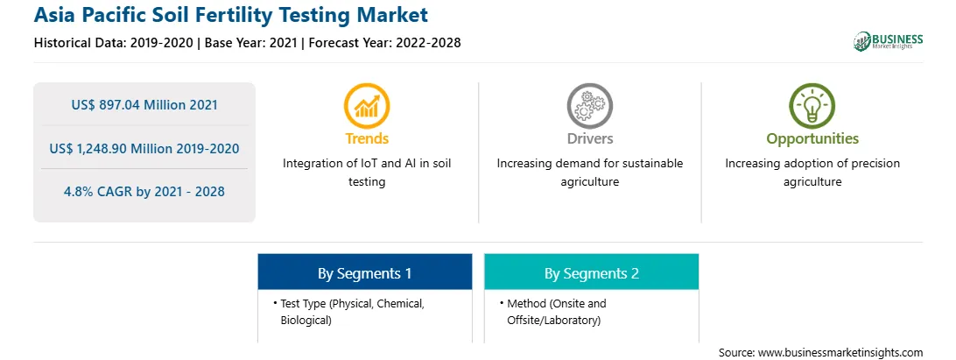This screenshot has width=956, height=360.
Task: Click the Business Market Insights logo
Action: [x=888, y=41]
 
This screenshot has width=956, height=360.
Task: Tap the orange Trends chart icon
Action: [x=367, y=106]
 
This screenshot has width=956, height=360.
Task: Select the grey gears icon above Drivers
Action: [x=589, y=106]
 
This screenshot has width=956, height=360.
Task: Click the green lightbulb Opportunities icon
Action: [x=812, y=106]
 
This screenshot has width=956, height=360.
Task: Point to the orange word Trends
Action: [x=367, y=138]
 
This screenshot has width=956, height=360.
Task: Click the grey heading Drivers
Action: [x=589, y=138]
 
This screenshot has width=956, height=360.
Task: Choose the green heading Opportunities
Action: [x=812, y=139]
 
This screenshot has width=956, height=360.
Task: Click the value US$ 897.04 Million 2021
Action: [x=144, y=105]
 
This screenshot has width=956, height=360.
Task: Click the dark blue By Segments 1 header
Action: [x=364, y=272]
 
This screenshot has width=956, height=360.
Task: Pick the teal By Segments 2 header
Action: [x=592, y=272]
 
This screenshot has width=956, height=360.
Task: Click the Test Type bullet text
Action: [x=353, y=312]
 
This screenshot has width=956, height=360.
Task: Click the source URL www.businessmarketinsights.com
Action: [x=840, y=352]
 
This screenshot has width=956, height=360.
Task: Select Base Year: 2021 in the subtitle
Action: [x=250, y=43]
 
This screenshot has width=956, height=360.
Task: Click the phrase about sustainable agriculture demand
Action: [x=589, y=173]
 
